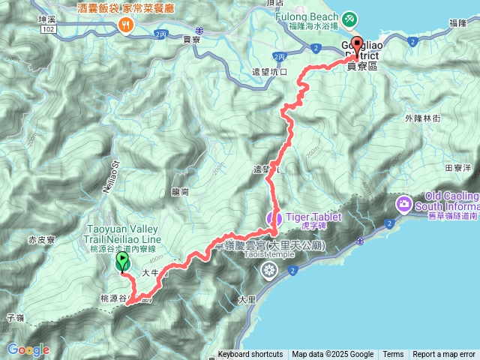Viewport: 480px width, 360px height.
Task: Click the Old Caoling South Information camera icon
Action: pyautogui.click(x=404, y=203)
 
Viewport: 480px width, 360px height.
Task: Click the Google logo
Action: pyautogui.click(x=28, y=349)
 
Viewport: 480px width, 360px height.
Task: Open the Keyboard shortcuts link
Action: pyautogui.click(x=250, y=355)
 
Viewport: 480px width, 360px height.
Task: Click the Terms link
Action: pyautogui.click(x=393, y=355)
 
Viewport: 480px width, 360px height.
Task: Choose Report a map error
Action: pyautogui.click(x=444, y=355)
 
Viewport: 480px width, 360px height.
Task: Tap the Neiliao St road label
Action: pyautogui.click(x=116, y=176)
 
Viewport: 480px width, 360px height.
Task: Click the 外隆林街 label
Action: pyautogui.click(x=424, y=118)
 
